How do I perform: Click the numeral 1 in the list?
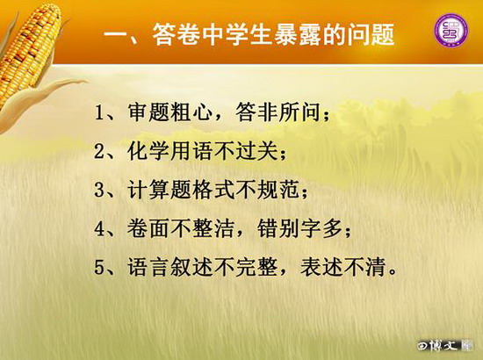point(99,113)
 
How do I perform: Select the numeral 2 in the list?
point(99,151)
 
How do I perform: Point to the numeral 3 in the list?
point(99,190)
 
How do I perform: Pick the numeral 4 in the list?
point(99,228)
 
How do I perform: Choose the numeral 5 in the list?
point(99,267)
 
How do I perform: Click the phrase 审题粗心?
point(169,112)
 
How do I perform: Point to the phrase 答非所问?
point(278,112)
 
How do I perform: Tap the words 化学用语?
point(169,151)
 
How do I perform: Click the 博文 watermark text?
point(445,346)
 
